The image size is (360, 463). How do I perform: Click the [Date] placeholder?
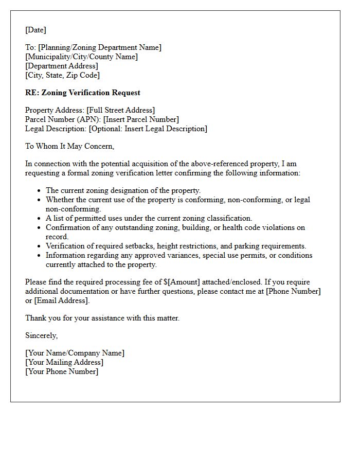[35, 30]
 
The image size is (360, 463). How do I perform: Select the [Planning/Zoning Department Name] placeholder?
[99, 47]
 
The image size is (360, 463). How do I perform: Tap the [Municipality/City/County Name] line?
[81, 57]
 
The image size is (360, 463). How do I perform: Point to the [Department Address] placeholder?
[61, 66]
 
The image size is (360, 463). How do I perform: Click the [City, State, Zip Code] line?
[62, 75]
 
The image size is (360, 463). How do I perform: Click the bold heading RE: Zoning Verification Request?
[82, 93]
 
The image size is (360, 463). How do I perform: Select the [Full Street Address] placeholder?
[120, 110]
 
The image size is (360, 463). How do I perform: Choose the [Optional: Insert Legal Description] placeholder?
[148, 129]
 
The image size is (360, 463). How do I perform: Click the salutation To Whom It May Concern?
[69, 146]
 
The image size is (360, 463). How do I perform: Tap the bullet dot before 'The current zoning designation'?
[39, 191]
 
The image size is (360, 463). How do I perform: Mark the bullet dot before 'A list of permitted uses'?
[39, 219]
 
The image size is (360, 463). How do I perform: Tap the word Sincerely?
[42, 335]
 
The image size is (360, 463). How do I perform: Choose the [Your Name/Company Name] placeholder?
[75, 353]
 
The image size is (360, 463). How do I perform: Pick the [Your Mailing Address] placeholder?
[64, 362]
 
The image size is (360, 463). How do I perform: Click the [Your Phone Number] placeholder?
[62, 371]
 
